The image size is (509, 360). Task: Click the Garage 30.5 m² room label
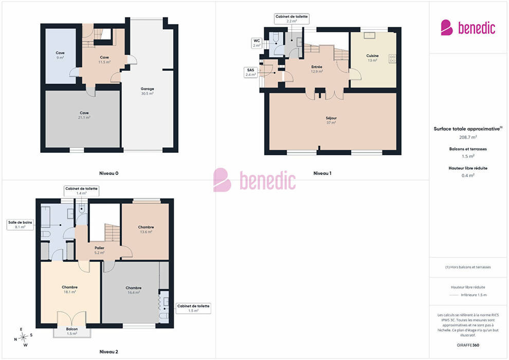click(148, 91)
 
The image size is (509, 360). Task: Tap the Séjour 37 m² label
click(331, 120)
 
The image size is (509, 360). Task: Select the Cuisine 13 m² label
click(372, 58)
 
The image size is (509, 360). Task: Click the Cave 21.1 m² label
click(84, 115)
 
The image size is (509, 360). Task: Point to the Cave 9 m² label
click(60, 55)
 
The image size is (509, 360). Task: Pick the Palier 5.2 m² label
click(99, 250)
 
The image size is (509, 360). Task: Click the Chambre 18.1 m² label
click(70, 290)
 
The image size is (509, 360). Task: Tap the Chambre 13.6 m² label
click(146, 229)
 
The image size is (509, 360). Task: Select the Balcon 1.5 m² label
click(72, 331)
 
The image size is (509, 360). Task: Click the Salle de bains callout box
click(20, 225)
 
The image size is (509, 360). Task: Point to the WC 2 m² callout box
click(257, 43)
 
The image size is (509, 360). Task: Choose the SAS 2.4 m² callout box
click(250, 73)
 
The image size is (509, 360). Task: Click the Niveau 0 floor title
click(109, 173)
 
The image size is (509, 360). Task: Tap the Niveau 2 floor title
click(109, 352)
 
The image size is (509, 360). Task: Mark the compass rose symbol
click(23, 337)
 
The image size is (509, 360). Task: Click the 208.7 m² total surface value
click(468, 137)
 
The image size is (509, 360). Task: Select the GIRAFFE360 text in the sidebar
click(468, 345)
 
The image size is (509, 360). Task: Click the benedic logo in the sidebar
click(468, 28)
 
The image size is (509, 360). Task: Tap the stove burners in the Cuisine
click(392, 59)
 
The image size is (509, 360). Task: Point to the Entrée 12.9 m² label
click(317, 69)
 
